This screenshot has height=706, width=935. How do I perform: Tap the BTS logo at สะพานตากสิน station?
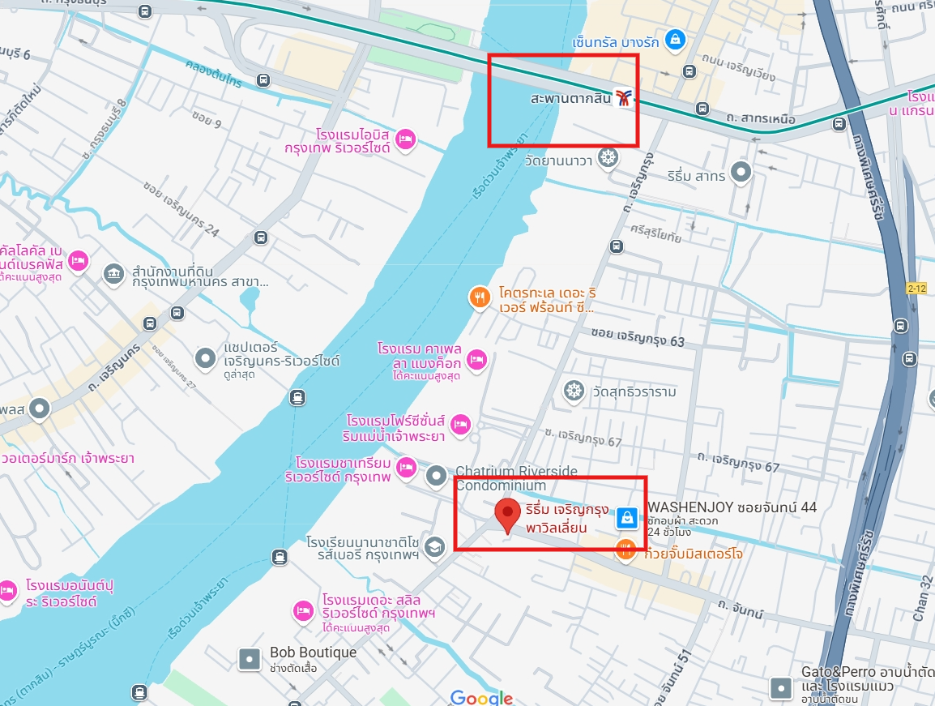tap(624, 98)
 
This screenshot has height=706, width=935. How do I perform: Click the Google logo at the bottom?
tap(481, 697)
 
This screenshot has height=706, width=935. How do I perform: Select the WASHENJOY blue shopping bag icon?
tap(626, 516)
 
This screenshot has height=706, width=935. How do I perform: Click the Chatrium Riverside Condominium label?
tap(516, 477)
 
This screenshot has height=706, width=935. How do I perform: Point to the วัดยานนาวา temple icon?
tap(607, 158)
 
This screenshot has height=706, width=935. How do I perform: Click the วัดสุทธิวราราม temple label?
tap(634, 392)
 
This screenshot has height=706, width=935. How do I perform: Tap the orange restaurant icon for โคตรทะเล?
tap(480, 297)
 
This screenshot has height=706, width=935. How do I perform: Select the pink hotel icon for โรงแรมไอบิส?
tap(406, 139)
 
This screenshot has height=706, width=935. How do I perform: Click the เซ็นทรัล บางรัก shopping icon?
tap(674, 38)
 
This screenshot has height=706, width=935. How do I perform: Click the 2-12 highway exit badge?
tap(916, 287)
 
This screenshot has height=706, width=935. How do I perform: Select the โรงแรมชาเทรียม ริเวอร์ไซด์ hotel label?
tap(338, 470)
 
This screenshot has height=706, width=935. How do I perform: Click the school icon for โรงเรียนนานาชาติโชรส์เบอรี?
tap(435, 548)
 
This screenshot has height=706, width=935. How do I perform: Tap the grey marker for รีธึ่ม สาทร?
tap(741, 171)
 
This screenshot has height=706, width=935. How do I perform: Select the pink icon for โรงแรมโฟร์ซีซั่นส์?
tap(461, 424)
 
